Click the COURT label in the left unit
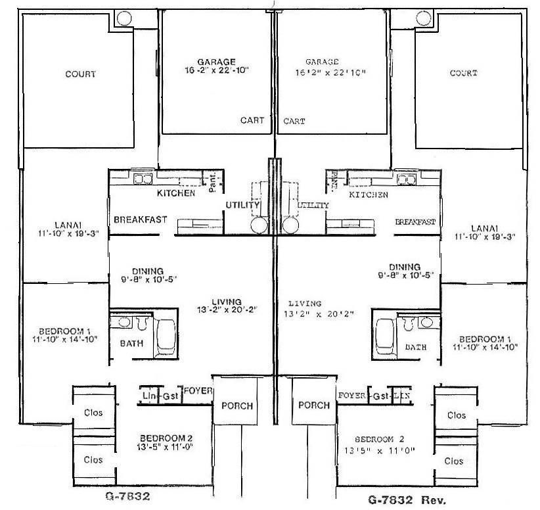[79, 74]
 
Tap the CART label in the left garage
[252, 121]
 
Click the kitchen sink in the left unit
[143, 178]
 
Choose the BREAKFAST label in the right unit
[415, 222]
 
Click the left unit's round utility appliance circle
[259, 226]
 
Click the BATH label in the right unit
[415, 347]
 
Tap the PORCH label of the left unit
[236, 406]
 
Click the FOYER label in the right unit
[351, 396]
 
